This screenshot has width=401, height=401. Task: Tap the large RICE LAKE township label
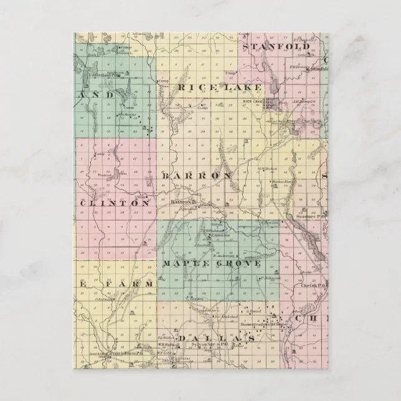pos(219,88)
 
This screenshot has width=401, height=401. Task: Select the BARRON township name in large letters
pos(198,176)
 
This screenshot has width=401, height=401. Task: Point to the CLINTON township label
pos(115,203)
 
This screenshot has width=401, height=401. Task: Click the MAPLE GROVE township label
pos(211,264)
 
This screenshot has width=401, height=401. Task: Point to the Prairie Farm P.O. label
pos(116,353)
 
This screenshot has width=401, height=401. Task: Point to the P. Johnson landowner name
pos(268,278)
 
